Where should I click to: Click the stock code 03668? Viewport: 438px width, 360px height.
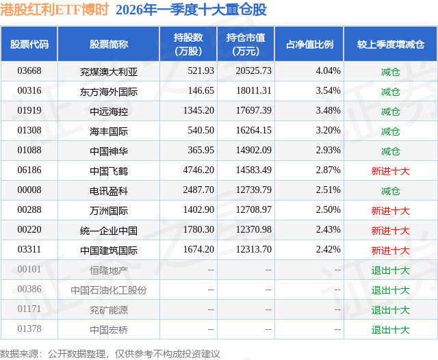pyautogui.click(x=29, y=70)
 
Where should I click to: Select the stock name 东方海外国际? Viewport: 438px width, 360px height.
pyautogui.click(x=108, y=90)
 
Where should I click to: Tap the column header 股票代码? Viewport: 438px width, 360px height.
pyautogui.click(x=29, y=44)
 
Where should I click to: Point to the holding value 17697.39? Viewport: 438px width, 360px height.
pyautogui.click(x=253, y=110)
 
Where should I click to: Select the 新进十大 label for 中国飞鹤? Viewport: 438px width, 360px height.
pyautogui.click(x=390, y=170)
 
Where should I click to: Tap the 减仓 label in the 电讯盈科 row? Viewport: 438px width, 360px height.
pyautogui.click(x=390, y=190)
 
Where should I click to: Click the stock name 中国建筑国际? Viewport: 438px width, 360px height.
pyautogui.click(x=108, y=250)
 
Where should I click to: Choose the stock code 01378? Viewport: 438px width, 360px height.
pyautogui.click(x=29, y=329)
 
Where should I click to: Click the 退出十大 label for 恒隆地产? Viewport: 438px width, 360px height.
pyautogui.click(x=390, y=270)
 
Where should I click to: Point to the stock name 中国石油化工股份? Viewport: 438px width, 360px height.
pyautogui.click(x=108, y=290)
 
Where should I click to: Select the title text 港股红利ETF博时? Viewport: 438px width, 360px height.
pyautogui.click(x=54, y=10)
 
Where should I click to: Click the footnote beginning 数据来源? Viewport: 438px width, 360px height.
pyautogui.click(x=110, y=353)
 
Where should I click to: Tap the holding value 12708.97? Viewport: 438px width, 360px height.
pyautogui.click(x=253, y=210)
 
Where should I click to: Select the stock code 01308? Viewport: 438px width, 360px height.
pyautogui.click(x=29, y=130)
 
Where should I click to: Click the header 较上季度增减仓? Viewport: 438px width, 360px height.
pyautogui.click(x=390, y=44)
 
